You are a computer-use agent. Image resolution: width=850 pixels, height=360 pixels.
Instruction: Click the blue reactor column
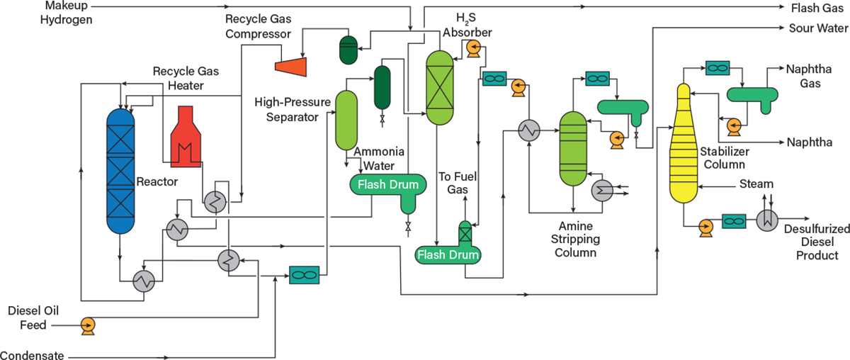click(x=120, y=171)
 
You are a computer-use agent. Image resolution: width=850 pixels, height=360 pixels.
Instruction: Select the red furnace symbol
click(x=186, y=140)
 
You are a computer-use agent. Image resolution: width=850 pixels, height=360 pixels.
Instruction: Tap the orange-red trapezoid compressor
click(x=291, y=67)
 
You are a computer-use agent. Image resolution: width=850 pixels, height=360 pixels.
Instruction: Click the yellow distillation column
click(x=684, y=149)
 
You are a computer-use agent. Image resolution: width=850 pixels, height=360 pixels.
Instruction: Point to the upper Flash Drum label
click(x=388, y=185)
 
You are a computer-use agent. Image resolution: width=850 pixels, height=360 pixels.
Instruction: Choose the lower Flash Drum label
click(x=448, y=254)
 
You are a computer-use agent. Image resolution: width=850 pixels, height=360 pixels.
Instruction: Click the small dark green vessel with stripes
click(x=348, y=50)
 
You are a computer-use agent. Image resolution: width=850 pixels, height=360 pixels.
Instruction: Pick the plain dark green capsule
click(x=382, y=87)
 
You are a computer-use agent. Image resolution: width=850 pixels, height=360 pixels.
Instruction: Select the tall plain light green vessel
click(x=346, y=120)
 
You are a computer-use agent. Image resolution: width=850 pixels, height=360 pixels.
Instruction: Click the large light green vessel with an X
click(x=439, y=87)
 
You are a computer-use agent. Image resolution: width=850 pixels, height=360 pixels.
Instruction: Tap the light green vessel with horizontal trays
click(x=573, y=148)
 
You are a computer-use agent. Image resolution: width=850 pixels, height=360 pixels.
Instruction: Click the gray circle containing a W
click(x=767, y=220)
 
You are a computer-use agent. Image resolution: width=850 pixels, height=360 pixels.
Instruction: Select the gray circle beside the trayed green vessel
click(x=602, y=190)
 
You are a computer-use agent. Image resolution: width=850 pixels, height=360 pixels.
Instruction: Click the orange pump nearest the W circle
click(x=705, y=227)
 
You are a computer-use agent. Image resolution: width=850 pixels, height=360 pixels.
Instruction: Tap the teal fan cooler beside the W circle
click(x=734, y=222)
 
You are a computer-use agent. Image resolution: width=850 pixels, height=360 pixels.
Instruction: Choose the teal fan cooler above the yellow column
click(x=718, y=68)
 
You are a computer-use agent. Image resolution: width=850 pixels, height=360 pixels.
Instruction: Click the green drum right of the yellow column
click(x=752, y=95)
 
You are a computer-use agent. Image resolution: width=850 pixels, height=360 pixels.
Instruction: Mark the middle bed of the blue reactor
click(x=120, y=171)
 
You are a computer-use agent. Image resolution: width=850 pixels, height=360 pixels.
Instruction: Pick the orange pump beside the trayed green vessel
click(x=617, y=139)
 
